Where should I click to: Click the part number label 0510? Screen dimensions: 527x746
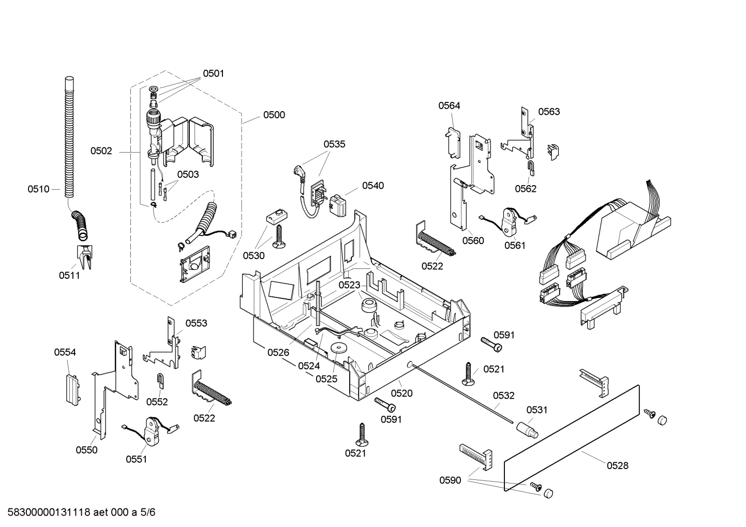coord(38,189)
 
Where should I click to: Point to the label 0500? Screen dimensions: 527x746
coord(274,115)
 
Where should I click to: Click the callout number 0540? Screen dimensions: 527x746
coord(372,186)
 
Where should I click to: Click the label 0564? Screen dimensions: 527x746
coord(449,106)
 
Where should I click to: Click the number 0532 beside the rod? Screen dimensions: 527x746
coord(503,396)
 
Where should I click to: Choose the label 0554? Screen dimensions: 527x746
coord(65,352)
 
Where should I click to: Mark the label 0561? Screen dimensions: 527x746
coord(515,246)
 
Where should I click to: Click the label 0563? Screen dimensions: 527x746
coord(548,112)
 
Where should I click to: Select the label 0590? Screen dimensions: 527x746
coord(450,480)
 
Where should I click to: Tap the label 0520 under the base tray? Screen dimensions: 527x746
coord(401,394)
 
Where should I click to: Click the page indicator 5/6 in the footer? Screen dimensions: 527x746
coord(148,513)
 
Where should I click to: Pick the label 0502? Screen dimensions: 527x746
coord(101,151)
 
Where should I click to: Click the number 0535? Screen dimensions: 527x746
coord(334,144)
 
